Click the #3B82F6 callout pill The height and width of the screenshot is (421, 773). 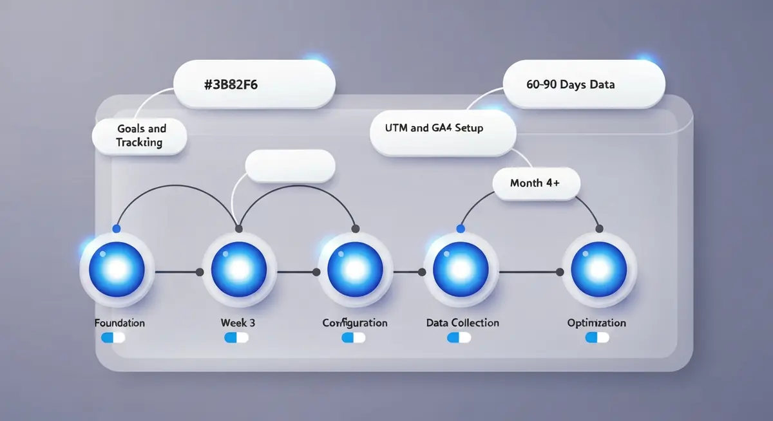255,84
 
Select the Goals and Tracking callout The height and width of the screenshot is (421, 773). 139,135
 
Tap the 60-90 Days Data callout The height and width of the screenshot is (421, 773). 583,84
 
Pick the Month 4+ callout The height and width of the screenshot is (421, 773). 536,183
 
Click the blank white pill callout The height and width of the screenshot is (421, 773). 291,167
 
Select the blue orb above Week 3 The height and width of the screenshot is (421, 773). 239,269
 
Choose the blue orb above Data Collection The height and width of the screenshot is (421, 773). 461,269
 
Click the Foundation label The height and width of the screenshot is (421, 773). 119,323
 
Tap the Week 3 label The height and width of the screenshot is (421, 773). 238,323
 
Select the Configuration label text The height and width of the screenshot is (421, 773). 355,323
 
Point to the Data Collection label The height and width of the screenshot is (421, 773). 463,323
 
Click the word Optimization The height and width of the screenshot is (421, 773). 596,323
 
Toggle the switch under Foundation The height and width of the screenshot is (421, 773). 113,337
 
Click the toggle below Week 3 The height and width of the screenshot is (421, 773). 236,337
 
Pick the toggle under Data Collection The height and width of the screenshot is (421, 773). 459,337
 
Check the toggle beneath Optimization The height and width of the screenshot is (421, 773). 597,337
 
